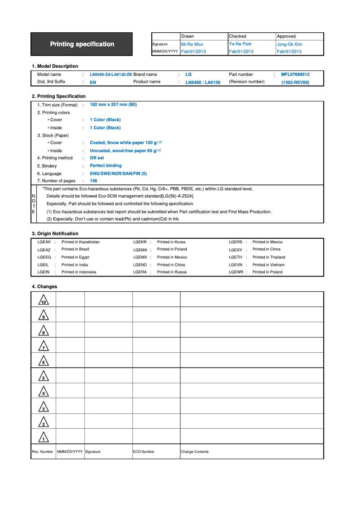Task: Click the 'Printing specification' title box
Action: pos(82,44)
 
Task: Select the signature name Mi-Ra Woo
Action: pos(192,44)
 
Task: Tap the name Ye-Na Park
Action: pos(240,44)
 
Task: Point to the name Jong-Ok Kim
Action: pos(289,44)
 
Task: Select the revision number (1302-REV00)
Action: pos(295,83)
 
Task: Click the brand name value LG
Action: pos(188,75)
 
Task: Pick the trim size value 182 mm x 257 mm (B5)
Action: pos(113,104)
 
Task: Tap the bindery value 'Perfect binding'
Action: pos(105,166)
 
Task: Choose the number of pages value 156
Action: pos(93,181)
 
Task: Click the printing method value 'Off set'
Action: pos(97,158)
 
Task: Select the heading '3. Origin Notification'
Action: pos(55,233)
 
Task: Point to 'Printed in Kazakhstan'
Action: pos(80,242)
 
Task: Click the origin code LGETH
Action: pos(235,257)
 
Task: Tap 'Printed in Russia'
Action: pos(171,272)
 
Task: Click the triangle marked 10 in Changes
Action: pos(44,300)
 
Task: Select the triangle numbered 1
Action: pos(44,437)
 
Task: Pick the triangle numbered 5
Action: pos(44,376)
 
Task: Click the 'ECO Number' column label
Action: pos(144,452)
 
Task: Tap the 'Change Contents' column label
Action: pos(194,452)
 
